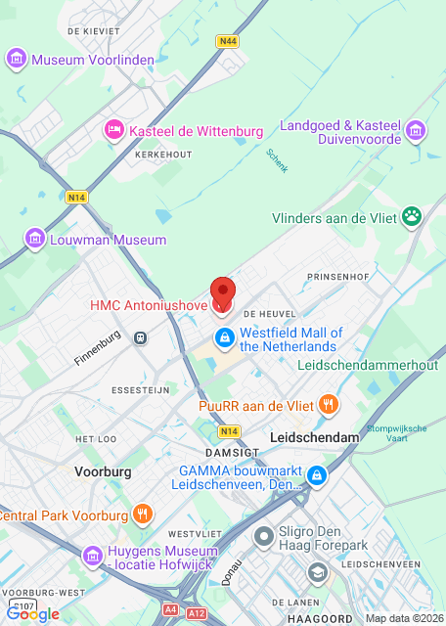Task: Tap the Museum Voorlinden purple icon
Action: click(17, 60)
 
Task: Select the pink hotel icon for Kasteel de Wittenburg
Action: click(114, 130)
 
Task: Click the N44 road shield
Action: click(228, 41)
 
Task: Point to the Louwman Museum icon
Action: click(35, 239)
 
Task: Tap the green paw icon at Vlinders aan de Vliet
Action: click(413, 214)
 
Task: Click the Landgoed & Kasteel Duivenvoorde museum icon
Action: click(416, 130)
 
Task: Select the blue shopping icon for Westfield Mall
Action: click(224, 338)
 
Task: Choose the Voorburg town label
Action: click(103, 470)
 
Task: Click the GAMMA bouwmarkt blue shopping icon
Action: click(316, 476)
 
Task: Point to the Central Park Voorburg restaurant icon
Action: click(143, 514)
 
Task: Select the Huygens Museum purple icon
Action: click(92, 556)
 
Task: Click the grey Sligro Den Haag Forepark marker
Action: click(263, 536)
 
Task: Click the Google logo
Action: click(32, 613)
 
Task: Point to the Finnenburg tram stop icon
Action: click(141, 338)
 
